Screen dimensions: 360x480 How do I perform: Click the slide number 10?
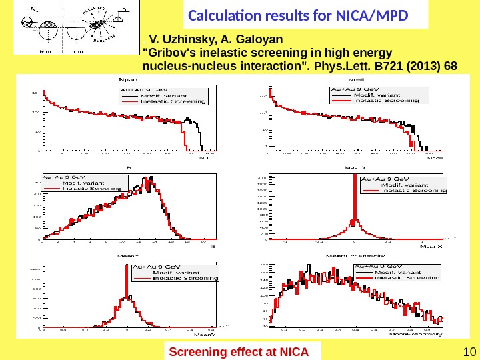click(466, 352)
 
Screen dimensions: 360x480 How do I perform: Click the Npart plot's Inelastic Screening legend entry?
click(172, 101)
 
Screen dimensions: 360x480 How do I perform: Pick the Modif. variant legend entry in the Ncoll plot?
click(378, 95)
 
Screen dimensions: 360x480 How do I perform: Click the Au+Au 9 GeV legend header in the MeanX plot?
click(385, 179)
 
